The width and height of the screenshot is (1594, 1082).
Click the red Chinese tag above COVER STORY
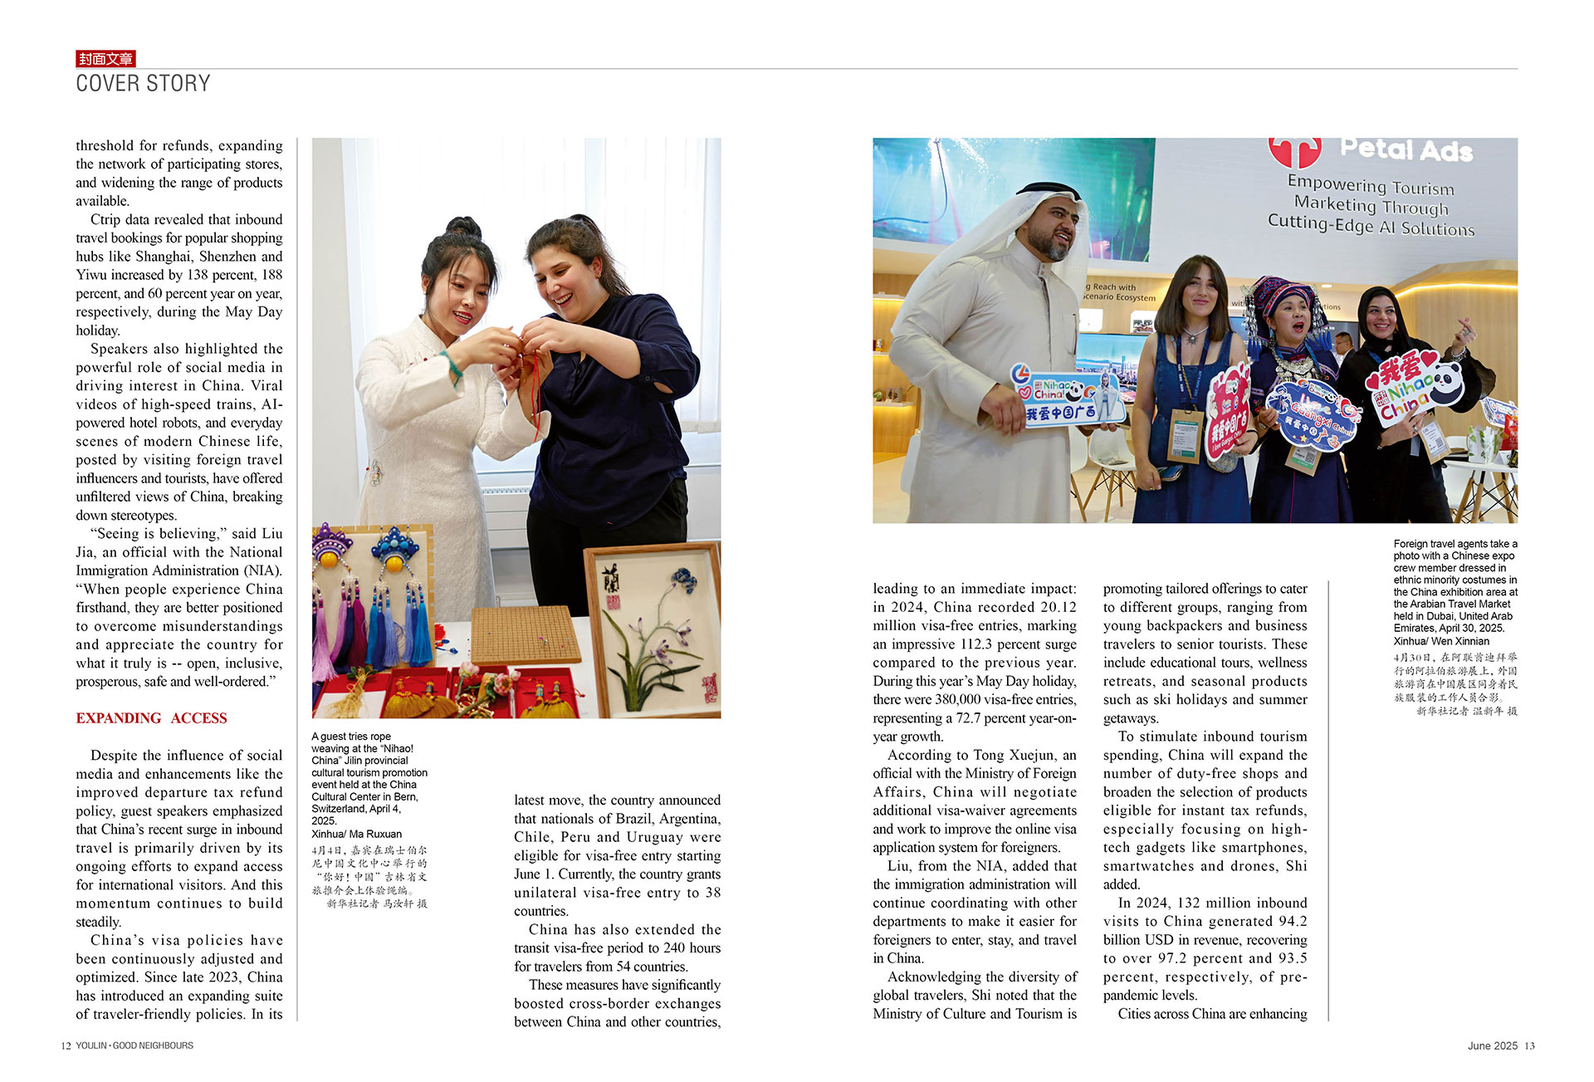tap(105, 58)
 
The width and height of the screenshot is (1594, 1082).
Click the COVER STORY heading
tap(143, 83)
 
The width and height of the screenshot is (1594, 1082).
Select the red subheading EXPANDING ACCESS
tap(151, 718)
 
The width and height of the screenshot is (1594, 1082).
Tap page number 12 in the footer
tap(66, 1045)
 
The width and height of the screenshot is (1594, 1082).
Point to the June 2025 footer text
tap(1492, 1045)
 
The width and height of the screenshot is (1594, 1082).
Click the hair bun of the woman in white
tap(462, 228)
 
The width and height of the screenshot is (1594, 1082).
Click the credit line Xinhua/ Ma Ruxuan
tap(356, 834)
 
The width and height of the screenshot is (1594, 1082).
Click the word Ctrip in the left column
tap(105, 219)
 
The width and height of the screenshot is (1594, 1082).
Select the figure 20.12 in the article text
tap(1059, 607)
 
